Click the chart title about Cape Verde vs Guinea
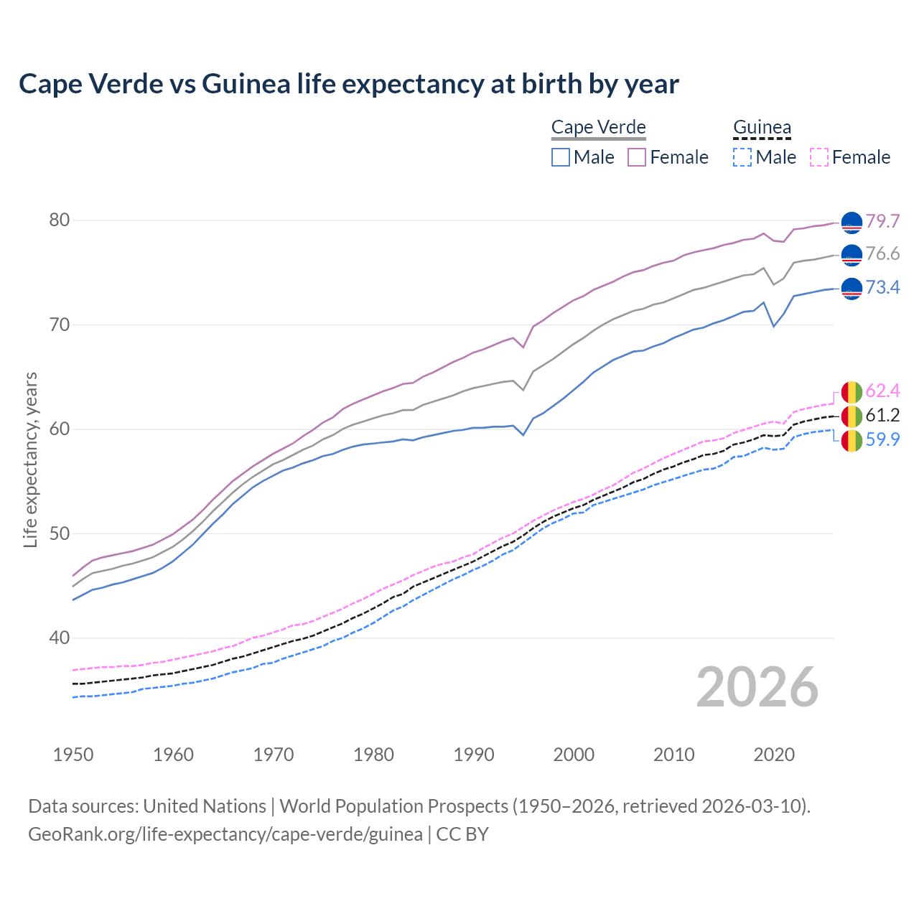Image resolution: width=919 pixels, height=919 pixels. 349,84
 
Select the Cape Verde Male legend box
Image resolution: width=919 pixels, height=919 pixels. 561,157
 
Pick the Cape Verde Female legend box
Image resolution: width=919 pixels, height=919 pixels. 637,157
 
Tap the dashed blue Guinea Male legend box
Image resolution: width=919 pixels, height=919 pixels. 742,157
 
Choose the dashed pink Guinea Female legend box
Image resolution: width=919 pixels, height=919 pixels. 819,157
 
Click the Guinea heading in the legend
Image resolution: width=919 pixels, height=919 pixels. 762,128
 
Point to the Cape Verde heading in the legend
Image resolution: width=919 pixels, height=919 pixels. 599,128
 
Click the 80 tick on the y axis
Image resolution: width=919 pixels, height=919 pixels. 60,220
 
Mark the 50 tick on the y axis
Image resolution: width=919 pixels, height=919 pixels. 60,533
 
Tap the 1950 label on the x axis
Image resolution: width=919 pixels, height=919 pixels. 73,755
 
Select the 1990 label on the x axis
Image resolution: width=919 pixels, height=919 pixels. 474,755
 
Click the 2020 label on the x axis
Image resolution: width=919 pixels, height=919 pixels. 774,755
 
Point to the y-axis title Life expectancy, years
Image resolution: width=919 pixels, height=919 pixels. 30,459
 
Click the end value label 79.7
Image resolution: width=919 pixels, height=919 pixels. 882,221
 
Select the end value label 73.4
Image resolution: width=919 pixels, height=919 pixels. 882,288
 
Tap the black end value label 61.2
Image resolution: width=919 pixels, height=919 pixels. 882,415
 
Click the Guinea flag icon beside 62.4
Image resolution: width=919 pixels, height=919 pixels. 852,392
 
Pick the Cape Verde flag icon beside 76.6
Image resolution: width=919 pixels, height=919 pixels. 852,255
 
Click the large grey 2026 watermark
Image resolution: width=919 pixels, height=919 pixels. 757,687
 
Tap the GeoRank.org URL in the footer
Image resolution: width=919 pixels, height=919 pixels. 225,834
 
